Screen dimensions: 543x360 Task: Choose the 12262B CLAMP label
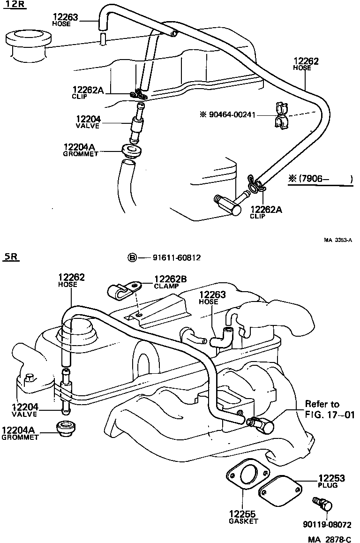click(x=170, y=282)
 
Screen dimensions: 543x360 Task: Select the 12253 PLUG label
click(x=331, y=481)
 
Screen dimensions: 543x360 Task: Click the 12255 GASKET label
click(x=243, y=517)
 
